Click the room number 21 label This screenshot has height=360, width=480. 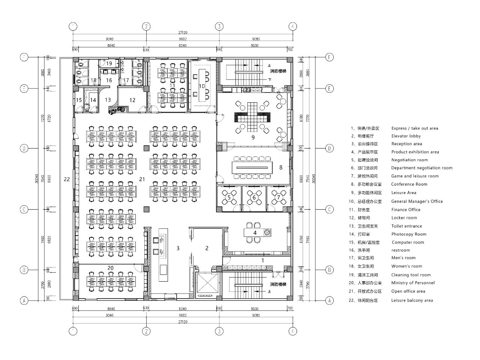[142, 179]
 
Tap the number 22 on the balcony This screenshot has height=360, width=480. [67, 179]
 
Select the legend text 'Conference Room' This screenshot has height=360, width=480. [409, 184]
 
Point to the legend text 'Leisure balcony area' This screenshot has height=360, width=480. [412, 300]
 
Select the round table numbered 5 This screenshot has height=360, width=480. [229, 197]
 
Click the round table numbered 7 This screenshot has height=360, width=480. [278, 197]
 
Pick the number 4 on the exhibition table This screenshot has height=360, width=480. [255, 232]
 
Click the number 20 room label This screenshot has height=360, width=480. [110, 268]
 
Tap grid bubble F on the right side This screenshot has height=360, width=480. [329, 57]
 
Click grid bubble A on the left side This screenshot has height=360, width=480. [24, 300]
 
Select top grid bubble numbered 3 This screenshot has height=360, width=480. [219, 26]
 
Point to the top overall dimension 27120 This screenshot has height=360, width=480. [183, 33]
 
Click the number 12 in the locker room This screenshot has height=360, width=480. [132, 100]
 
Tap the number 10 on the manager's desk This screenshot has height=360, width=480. [202, 86]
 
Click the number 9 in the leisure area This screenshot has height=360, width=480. [253, 137]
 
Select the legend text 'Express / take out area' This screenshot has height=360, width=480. [415, 128]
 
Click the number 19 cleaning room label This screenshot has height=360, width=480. [109, 63]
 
